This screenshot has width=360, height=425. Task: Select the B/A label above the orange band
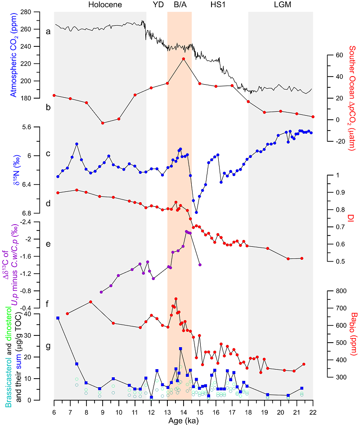181,5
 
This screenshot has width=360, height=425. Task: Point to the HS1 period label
218,5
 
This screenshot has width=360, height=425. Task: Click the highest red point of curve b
184,59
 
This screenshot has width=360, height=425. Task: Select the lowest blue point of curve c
196,212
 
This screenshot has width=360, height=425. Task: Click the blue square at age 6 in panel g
58,318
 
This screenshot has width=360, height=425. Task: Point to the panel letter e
48,245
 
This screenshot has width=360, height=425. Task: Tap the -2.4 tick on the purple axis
40,222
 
